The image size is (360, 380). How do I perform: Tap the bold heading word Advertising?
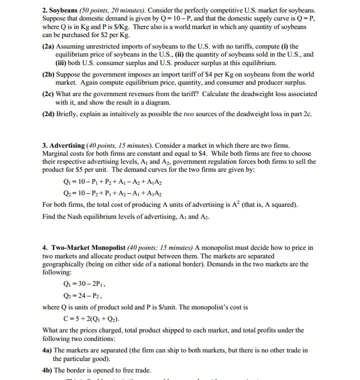point(66,145)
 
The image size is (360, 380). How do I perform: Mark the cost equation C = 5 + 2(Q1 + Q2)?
point(90,319)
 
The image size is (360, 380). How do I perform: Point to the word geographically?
point(66,264)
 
